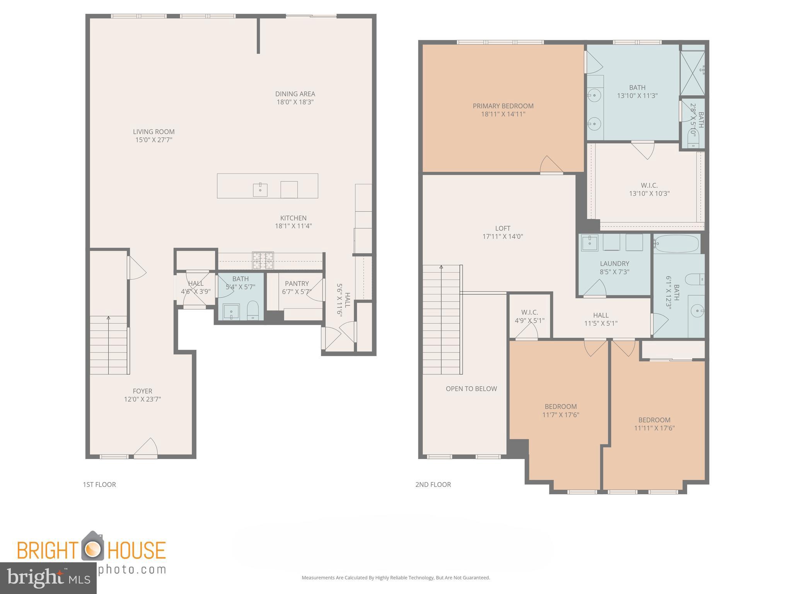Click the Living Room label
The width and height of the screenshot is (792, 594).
pos(154,131)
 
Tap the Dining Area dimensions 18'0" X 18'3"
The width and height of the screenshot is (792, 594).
pos(295,102)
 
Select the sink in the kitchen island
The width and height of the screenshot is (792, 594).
pos(260,189)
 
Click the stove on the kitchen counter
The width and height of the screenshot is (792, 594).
pos(263,260)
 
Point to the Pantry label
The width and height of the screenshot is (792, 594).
pos(297,283)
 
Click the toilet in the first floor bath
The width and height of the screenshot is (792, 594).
pos(253,310)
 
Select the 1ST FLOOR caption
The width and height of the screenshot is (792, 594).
pos(99,485)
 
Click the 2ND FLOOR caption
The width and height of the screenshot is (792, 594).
pos(433,485)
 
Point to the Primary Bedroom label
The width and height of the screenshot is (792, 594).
pos(503,106)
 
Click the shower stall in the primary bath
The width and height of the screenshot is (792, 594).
pos(692,73)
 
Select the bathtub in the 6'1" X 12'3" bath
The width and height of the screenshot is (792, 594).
pos(677,244)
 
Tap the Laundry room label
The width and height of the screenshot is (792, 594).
pos(614,264)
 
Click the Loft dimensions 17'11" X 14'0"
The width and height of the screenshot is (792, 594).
pos(502,237)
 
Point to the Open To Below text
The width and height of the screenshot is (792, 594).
pos(471,389)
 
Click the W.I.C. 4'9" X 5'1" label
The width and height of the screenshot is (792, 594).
pos(529,312)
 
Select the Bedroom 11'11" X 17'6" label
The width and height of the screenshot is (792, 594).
pos(654,420)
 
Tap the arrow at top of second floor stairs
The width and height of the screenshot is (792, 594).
pos(441,267)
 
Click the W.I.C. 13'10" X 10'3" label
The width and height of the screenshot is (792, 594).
pos(649,185)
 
